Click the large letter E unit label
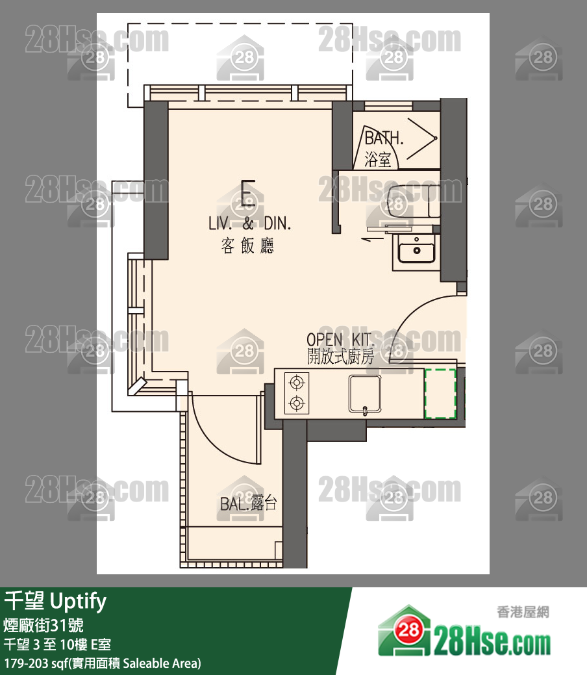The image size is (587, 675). (248, 194)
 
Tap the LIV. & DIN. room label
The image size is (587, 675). (249, 223)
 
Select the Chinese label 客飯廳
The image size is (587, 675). (247, 246)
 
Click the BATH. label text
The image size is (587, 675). (384, 138)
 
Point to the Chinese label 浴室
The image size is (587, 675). (378, 160)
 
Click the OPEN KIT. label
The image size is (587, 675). (340, 340)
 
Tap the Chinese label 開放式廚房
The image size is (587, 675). (340, 357)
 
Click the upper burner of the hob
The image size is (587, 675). (297, 382)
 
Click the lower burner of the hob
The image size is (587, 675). (297, 403)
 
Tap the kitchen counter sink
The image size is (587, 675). (365, 394)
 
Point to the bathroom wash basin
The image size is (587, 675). (416, 249)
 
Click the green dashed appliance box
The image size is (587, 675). (440, 393)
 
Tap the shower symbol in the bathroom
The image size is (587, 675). (422, 138)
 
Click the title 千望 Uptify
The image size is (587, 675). (55, 602)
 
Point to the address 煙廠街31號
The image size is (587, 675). (43, 625)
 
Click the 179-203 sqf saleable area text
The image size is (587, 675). (103, 663)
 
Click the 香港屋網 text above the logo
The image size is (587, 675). (523, 612)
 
